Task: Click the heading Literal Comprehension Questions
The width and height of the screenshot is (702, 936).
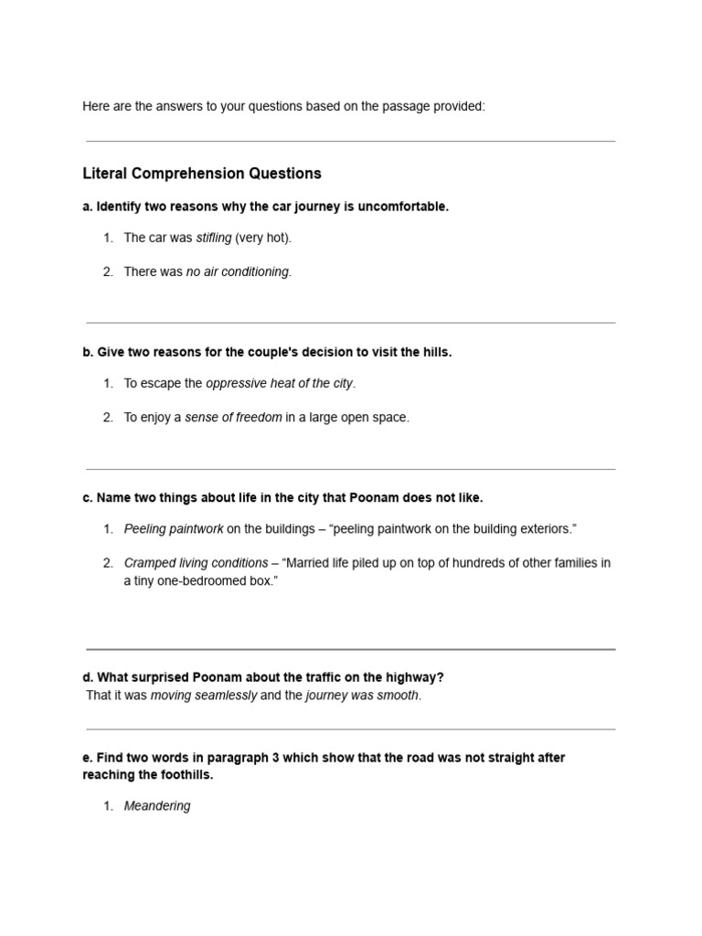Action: tap(202, 174)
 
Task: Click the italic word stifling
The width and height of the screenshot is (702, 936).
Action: tap(214, 238)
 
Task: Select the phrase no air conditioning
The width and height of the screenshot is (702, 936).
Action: tap(238, 271)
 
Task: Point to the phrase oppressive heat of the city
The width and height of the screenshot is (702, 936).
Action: tap(280, 383)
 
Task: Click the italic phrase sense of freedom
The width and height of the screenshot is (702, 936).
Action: tap(233, 417)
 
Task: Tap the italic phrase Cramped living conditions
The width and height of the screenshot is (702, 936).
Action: tap(196, 563)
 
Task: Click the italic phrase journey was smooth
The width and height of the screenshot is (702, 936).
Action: tap(362, 696)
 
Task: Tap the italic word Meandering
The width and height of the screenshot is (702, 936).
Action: tap(157, 806)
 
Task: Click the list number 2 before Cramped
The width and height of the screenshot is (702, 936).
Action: tap(108, 563)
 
